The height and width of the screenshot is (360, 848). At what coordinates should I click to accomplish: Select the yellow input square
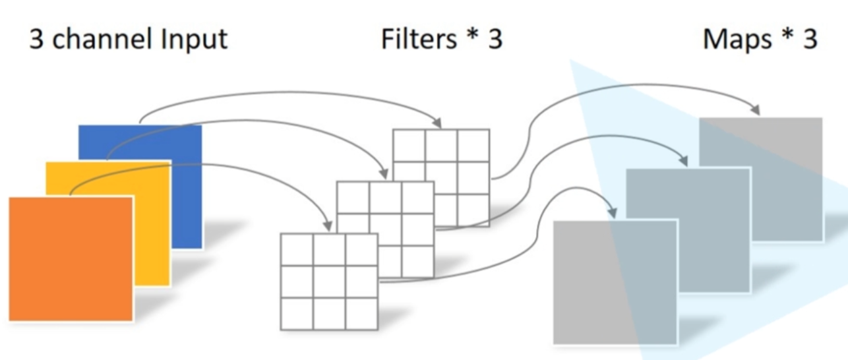pos(152,231)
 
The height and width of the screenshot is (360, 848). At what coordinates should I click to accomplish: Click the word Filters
pos(419,39)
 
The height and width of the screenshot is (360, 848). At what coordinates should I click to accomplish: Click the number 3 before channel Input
pos(37,39)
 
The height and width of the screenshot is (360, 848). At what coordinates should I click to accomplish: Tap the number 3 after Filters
pos(494,39)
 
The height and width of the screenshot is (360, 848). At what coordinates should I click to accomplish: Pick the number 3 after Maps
pos(809,39)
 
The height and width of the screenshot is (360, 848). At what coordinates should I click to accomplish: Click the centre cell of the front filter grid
pos(329,282)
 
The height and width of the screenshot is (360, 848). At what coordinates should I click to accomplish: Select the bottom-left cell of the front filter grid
pos(297,314)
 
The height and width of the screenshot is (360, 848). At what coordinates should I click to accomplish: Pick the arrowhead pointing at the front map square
pos(613,214)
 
